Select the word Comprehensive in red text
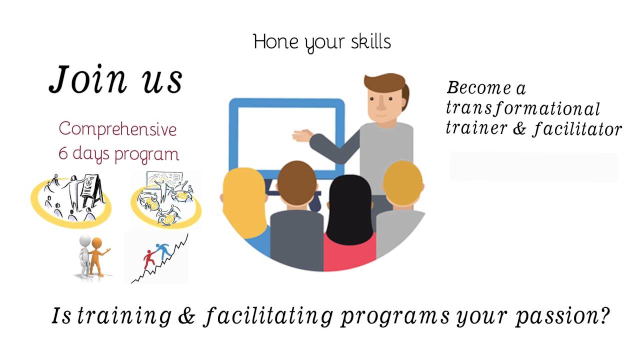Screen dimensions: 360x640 pos(117,129)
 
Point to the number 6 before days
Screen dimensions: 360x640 pos(62,153)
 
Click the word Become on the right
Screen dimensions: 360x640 pos(472,88)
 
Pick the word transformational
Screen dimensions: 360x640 pos(522,108)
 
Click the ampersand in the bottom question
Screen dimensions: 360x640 pos(185,316)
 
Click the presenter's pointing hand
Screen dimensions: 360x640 pos(302,135)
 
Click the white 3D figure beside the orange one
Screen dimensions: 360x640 pos(85,255)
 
